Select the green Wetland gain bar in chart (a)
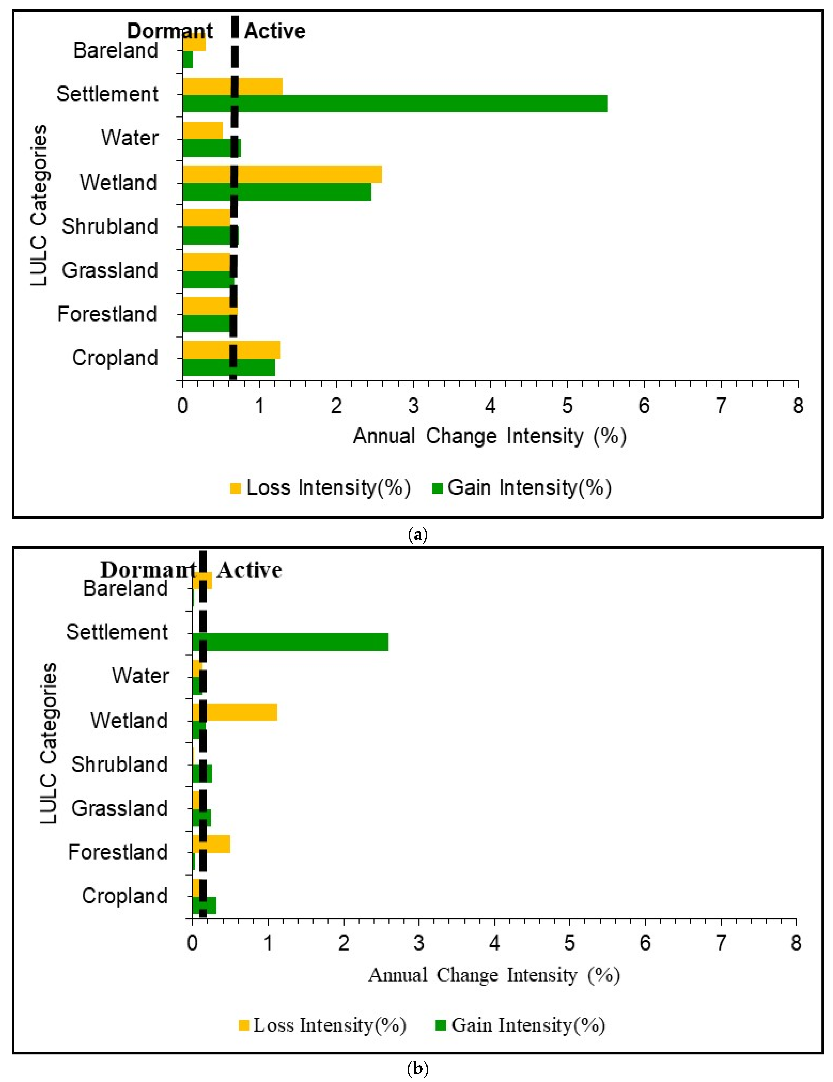tap(277, 192)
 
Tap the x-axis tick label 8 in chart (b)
tap(795, 943)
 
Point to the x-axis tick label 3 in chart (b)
tap(419, 943)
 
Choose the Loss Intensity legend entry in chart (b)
tap(322, 1025)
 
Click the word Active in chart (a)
tap(275, 31)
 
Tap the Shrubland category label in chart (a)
tap(110, 226)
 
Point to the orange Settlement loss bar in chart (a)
tap(233, 86)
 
